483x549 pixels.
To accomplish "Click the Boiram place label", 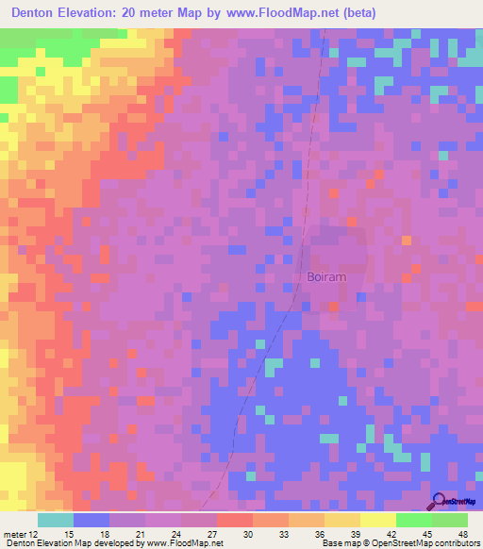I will [x=328, y=277].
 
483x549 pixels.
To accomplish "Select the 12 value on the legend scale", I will [x=33, y=533].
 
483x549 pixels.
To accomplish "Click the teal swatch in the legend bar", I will [x=55, y=520].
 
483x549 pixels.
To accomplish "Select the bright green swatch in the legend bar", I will [x=413, y=520].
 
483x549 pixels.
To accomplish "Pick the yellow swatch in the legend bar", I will [x=377, y=520].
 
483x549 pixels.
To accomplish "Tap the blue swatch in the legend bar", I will [x=91, y=520].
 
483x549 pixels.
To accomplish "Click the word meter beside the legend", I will [x=14, y=533].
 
